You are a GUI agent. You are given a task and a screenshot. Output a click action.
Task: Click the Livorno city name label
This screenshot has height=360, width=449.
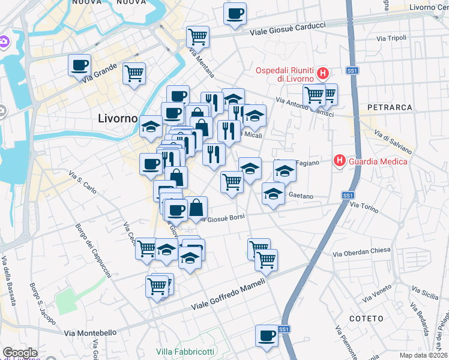(118, 118)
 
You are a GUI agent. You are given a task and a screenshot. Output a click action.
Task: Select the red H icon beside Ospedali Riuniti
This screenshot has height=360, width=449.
(323, 74)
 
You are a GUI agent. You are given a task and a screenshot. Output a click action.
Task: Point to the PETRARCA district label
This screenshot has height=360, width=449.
(393, 107)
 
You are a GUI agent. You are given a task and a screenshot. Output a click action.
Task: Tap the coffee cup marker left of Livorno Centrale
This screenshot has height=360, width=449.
(235, 13)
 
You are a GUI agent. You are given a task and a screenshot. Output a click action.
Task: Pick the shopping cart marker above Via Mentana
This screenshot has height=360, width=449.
(197, 37)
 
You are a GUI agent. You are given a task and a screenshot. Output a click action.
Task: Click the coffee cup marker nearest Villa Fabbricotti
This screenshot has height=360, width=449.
(267, 335)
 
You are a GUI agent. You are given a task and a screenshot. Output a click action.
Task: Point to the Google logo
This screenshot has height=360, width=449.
(19, 353)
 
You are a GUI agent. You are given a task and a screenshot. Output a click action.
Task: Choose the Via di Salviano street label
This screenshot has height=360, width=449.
(393, 141)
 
